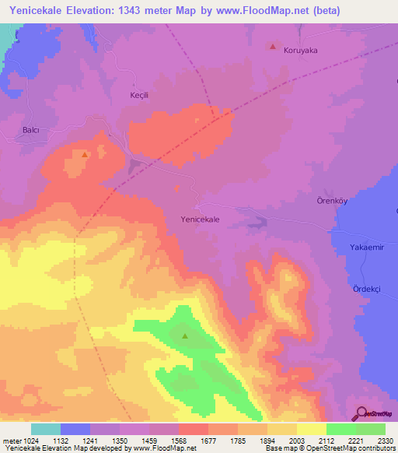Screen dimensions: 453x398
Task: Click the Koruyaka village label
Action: [302, 50]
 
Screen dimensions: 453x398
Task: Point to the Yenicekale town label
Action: [200, 219]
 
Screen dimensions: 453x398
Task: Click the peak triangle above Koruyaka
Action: [272, 46]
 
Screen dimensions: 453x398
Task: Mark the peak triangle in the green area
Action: [185, 336]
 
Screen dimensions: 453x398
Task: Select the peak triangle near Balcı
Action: [84, 154]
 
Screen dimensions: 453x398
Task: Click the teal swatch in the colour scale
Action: [46, 429]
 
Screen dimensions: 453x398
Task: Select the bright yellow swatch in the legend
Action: [312, 429]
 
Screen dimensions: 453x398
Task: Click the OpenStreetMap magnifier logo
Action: [361, 413]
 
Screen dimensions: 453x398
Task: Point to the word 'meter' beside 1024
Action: [11, 441]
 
